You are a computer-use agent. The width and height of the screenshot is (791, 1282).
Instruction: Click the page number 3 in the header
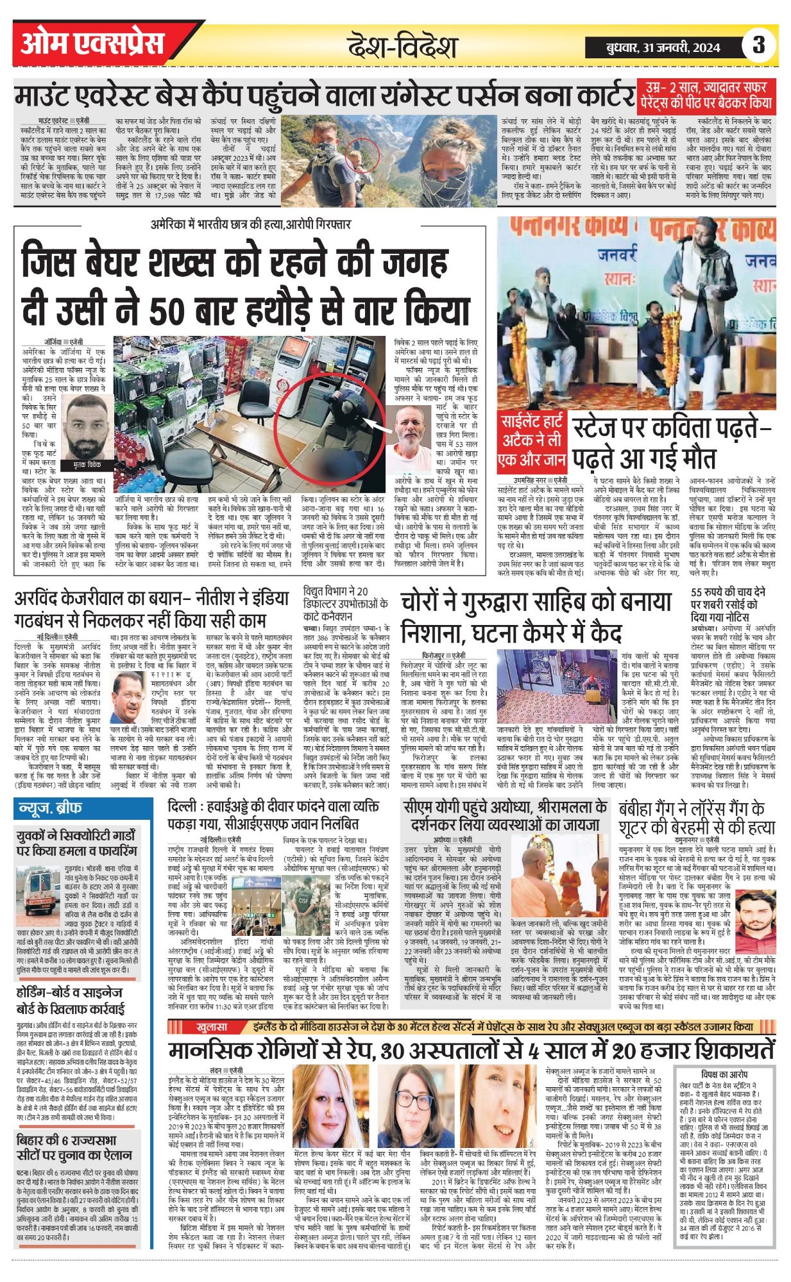[759, 46]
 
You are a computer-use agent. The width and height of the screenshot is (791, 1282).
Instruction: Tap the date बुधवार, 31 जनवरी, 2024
[663, 47]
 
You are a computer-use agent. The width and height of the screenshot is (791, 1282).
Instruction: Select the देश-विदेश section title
[402, 47]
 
